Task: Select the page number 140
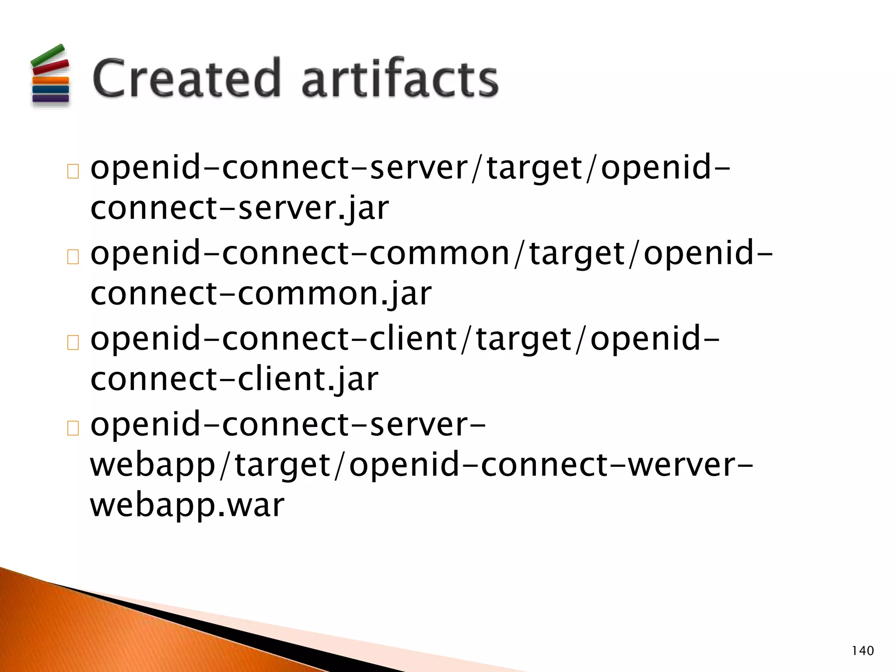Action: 862,651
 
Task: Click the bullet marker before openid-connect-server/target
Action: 73,171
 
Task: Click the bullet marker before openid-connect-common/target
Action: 73,257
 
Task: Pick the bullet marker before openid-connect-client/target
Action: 73,343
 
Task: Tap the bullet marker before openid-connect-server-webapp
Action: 73,428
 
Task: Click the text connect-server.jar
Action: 239,208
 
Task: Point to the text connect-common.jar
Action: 261,294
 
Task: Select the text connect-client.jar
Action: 234,379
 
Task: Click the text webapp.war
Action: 187,506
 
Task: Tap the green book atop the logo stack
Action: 48,55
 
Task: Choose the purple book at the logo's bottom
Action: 51,98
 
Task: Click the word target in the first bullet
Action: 535,169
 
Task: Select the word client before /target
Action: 413,339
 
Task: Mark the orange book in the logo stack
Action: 51,80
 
